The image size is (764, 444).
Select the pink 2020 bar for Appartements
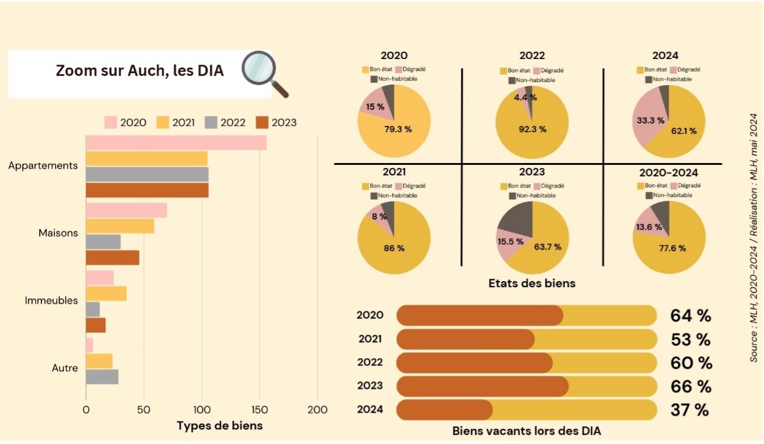176,142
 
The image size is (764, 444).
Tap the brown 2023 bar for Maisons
113,257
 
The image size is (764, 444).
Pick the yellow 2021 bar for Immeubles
106,294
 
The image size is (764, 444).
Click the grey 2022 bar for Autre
102,376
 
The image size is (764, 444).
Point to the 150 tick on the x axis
259,410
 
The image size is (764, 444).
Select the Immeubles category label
51,300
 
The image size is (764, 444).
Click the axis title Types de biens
220,425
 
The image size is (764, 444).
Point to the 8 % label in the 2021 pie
379,216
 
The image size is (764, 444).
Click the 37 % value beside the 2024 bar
690,410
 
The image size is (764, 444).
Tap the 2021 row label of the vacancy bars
370,338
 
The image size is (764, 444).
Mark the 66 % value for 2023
691,386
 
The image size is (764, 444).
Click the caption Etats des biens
531,283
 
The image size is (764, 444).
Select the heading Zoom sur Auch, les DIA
139,71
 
